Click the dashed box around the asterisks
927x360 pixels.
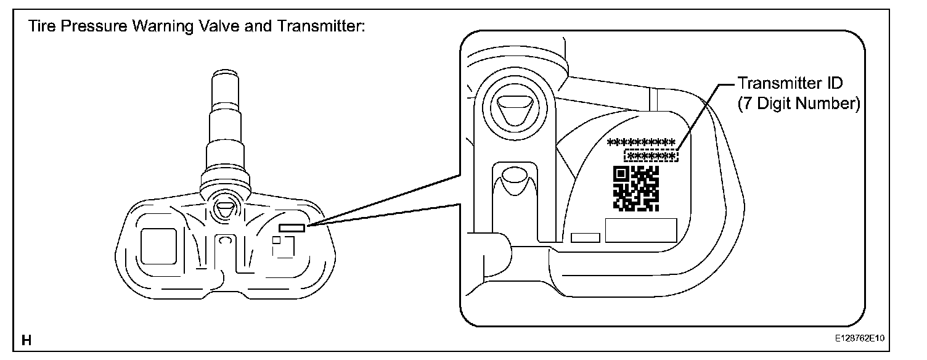[651, 155]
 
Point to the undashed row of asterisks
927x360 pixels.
[641, 142]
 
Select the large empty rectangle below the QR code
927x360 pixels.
[641, 230]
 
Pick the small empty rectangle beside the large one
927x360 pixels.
[586, 237]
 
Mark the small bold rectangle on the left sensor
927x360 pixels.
[291, 227]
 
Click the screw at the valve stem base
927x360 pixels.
[224, 207]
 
